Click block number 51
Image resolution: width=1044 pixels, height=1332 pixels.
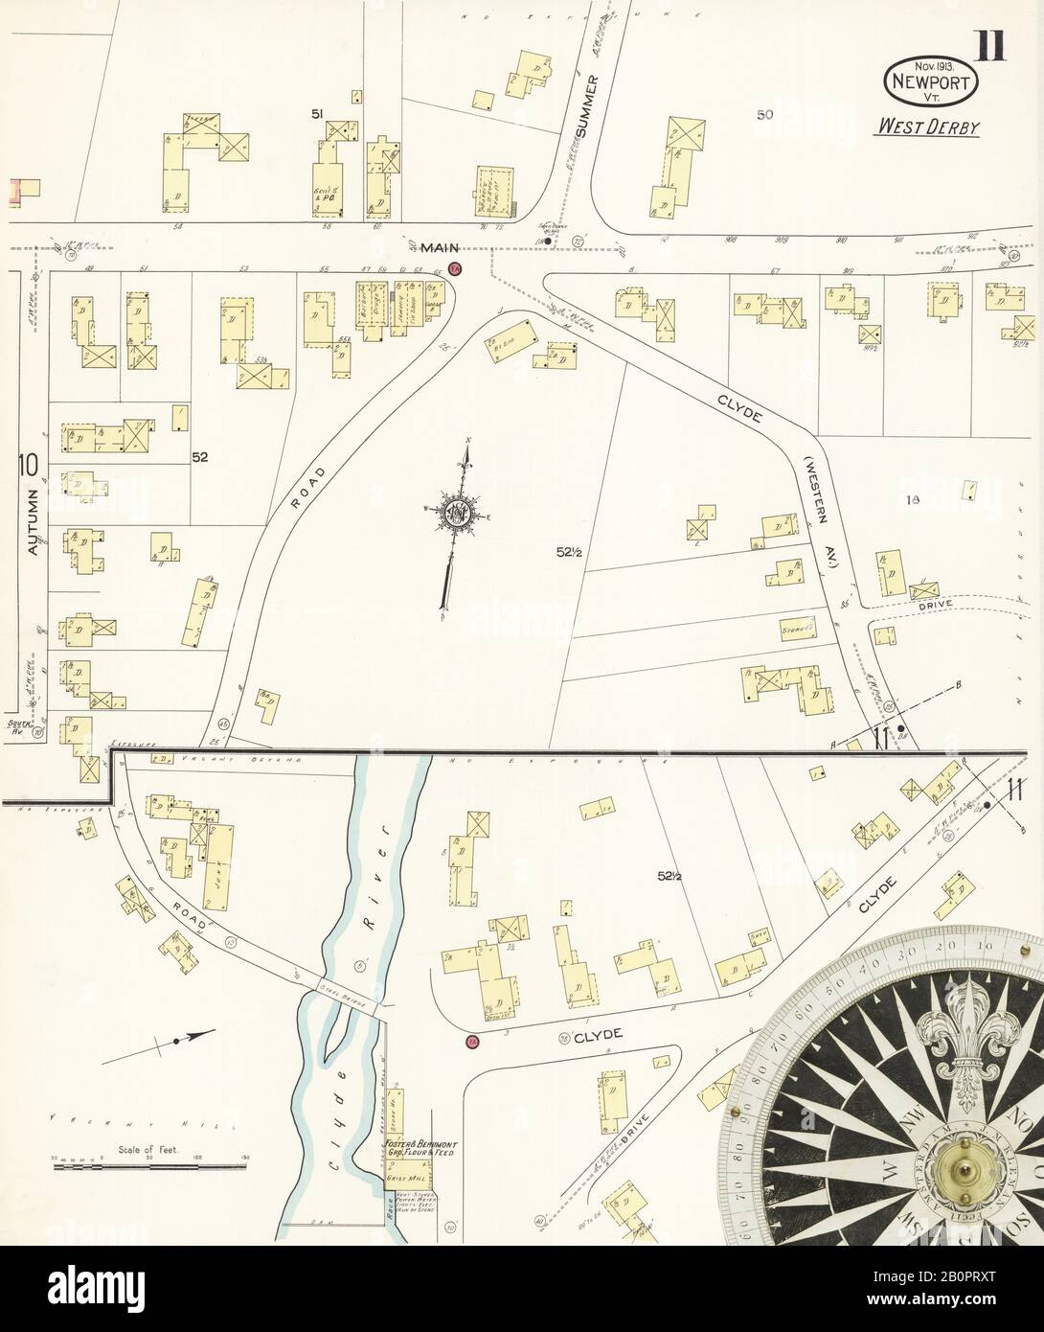[317, 114]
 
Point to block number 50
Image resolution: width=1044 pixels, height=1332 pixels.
[764, 115]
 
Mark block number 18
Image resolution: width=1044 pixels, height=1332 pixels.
[911, 499]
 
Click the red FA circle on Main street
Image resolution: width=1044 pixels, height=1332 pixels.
[456, 269]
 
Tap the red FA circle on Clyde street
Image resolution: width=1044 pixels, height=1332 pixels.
[471, 1043]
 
